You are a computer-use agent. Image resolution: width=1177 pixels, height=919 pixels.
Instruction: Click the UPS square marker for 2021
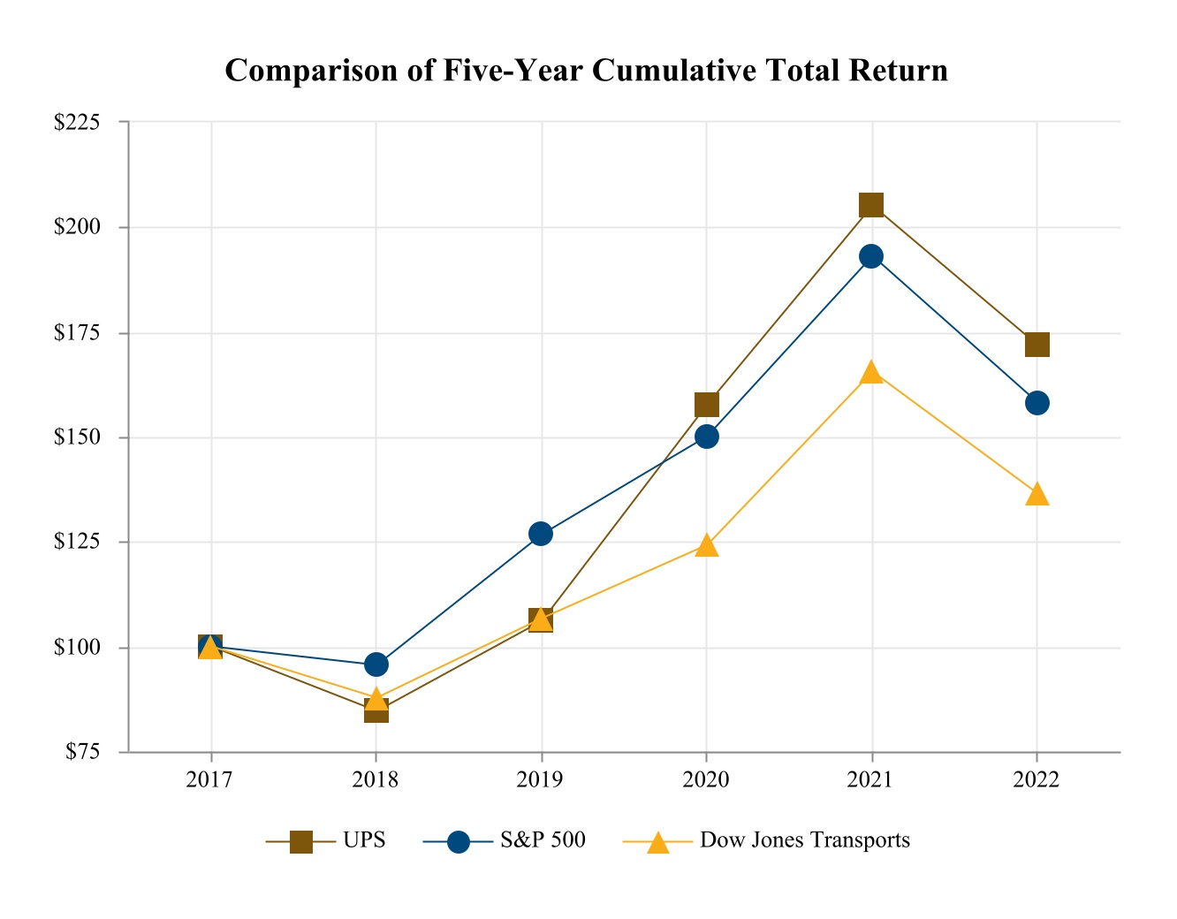tap(871, 205)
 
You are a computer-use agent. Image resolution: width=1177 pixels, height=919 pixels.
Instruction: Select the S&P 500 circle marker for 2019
tap(541, 534)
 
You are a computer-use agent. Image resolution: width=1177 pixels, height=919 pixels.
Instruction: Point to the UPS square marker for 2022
tap(1037, 344)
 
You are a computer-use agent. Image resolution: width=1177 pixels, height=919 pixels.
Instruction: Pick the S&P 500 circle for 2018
tap(376, 664)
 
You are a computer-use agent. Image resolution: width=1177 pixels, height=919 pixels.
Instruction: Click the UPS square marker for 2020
tap(706, 405)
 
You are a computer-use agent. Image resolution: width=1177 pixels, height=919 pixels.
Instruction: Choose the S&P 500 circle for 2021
tap(871, 256)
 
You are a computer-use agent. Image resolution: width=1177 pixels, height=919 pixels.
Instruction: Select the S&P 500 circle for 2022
tap(1037, 403)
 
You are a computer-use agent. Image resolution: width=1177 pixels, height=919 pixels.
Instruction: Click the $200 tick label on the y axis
tap(79, 227)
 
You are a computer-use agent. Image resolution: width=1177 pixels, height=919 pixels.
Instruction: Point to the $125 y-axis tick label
tap(79, 542)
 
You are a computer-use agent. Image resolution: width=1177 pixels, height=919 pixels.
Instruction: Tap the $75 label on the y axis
tap(83, 752)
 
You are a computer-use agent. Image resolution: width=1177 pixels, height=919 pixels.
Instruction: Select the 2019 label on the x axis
tap(541, 780)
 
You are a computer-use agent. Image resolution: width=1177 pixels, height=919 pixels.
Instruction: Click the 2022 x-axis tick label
tap(1037, 780)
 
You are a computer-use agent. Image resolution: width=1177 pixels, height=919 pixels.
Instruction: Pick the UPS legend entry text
tap(364, 840)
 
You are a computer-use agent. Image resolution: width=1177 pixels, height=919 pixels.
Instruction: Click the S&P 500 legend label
tap(543, 840)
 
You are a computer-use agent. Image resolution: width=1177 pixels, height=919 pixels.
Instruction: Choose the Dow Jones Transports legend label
tap(805, 840)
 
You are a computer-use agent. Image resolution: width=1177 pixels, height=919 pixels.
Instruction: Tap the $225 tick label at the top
tap(79, 122)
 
